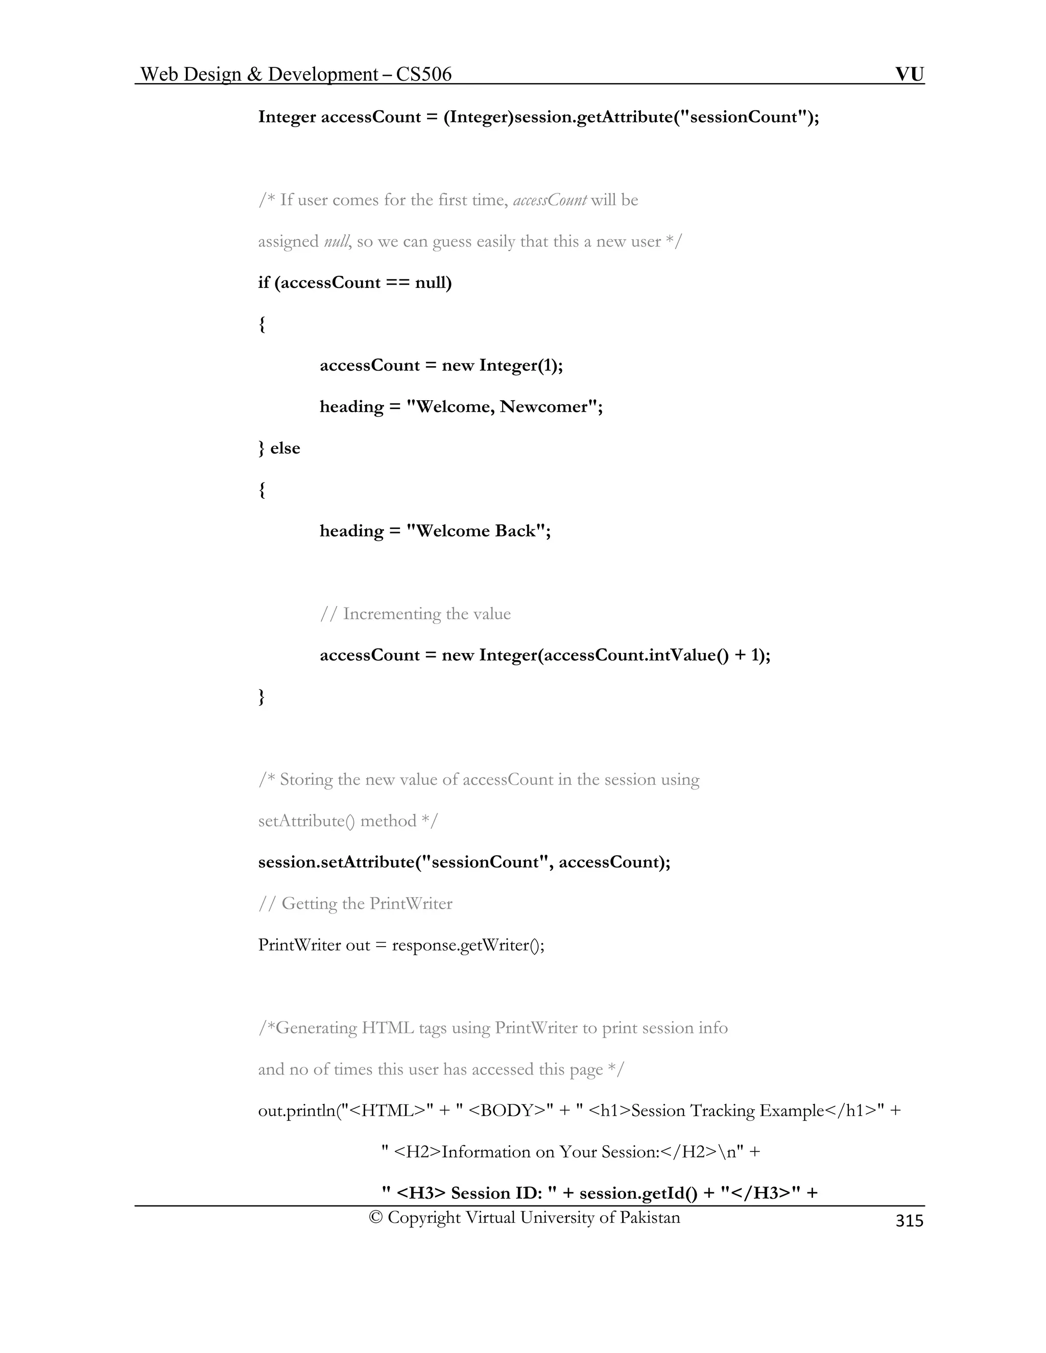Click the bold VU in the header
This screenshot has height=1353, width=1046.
tap(909, 75)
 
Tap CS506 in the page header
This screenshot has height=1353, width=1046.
tap(424, 75)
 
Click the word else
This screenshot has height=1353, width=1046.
tap(285, 448)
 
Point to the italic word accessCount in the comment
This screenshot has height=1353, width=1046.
tap(550, 200)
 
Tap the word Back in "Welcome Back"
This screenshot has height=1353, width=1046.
tap(514, 531)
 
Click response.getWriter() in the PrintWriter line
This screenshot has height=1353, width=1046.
tap(468, 946)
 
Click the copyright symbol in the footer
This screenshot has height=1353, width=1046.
tap(375, 1217)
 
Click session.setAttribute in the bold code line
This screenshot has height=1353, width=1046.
tap(335, 862)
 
